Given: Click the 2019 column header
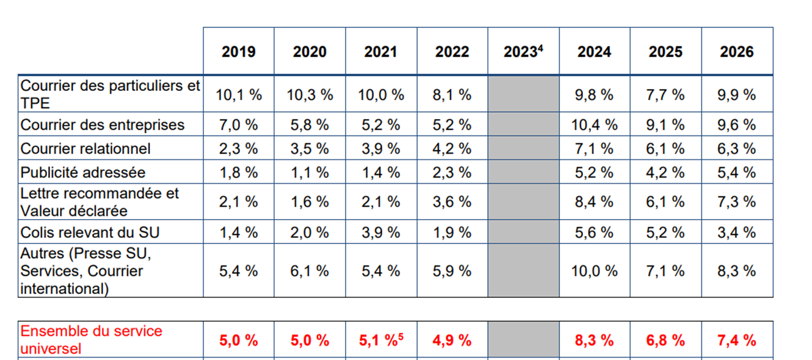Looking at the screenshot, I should point(238,52).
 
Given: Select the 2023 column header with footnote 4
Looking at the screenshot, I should point(523,52).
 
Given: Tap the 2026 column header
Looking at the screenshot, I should point(736,52).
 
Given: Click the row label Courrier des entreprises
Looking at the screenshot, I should point(103,125).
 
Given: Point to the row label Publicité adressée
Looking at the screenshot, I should point(83,173).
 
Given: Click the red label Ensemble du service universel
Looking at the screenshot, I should point(92,340).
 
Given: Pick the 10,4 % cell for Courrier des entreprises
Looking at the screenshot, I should point(594,125).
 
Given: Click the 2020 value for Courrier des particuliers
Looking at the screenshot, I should point(310,95).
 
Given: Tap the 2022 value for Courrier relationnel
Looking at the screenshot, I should point(452,149).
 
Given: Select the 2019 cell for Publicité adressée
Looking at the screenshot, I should point(238,173).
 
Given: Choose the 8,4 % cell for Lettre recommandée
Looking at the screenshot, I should point(594,202).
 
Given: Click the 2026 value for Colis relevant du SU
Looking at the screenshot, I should point(736,232).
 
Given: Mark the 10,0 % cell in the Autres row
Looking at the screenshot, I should point(594,271).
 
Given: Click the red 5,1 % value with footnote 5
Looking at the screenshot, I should point(381,340).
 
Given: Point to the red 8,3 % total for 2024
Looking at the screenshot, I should point(594,340).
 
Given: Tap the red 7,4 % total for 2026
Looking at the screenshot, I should point(736,340).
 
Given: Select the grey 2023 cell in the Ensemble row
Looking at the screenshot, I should point(523,340).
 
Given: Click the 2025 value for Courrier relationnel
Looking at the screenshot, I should point(665,149).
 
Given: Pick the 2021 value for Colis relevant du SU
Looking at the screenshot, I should point(381,232).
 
